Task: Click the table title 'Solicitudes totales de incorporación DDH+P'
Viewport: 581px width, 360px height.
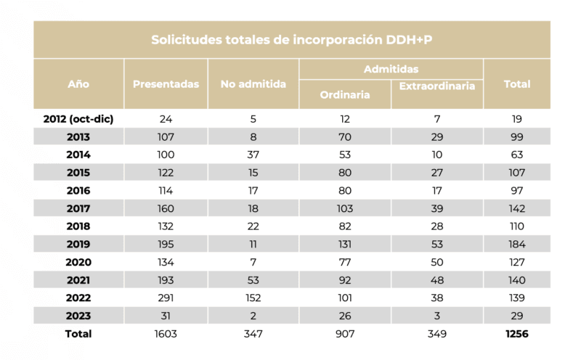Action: [292, 40]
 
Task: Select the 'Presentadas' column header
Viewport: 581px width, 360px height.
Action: [166, 84]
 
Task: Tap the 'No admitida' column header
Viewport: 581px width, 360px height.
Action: [253, 84]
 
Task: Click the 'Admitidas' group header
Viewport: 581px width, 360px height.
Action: [391, 69]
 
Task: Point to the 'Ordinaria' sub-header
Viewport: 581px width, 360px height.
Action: [345, 95]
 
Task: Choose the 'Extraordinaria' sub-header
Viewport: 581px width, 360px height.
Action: [437, 86]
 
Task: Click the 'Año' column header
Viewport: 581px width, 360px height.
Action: [78, 84]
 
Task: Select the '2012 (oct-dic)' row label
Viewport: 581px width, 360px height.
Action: [78, 118]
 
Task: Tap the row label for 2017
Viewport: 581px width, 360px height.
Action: [78, 209]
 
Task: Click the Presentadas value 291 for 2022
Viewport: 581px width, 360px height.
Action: [166, 298]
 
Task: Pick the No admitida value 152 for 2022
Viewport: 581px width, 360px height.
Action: [253, 298]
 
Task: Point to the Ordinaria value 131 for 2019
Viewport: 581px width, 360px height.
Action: [345, 245]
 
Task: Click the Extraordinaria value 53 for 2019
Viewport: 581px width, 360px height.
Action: [437, 245]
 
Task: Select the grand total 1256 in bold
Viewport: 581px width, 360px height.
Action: [516, 334]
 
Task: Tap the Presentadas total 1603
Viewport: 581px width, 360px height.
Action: [166, 334]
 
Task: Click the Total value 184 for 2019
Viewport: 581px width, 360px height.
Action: [516, 245]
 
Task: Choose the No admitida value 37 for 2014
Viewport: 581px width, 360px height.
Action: [253, 155]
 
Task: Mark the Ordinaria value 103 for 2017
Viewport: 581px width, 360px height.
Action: [345, 209]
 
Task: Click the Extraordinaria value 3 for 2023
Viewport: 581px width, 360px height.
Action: [437, 316]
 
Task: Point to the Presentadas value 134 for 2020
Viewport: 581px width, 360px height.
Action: [166, 263]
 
